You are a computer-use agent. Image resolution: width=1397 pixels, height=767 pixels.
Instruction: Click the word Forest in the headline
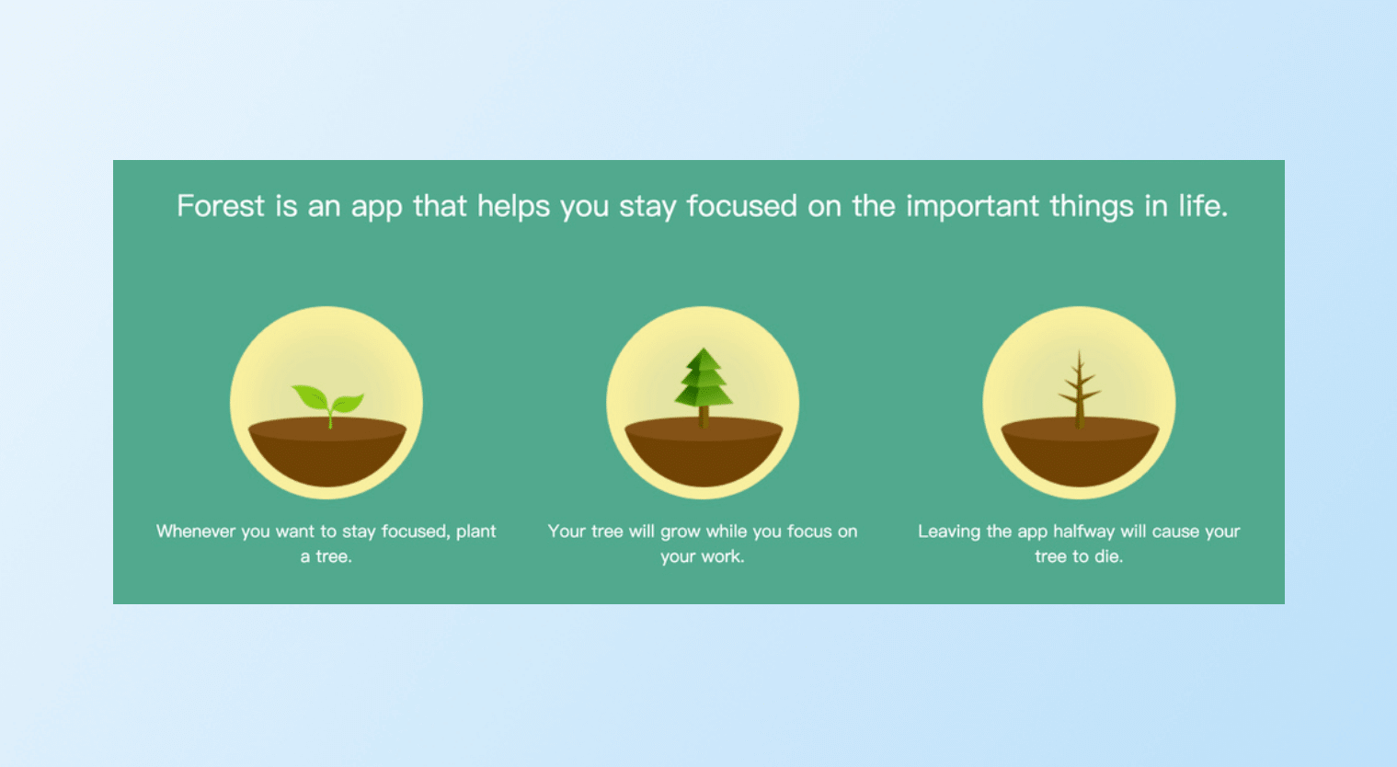[221, 206]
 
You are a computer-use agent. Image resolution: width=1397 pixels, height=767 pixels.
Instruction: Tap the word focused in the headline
[742, 206]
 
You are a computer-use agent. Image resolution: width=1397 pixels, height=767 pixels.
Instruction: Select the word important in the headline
[972, 207]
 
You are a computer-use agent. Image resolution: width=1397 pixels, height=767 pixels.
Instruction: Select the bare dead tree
[1080, 389]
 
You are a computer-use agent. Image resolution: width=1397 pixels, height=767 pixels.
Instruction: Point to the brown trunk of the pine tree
[704, 417]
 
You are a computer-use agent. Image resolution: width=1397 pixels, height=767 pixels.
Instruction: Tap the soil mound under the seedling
[327, 452]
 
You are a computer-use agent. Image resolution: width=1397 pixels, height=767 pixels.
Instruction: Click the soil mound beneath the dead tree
[1081, 452]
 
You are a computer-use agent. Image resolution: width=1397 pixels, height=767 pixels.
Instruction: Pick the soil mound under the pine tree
[704, 452]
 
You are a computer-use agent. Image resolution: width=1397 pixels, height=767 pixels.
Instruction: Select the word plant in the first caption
[475, 532]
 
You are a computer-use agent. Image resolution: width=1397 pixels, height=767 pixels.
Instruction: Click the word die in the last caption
[1108, 556]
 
